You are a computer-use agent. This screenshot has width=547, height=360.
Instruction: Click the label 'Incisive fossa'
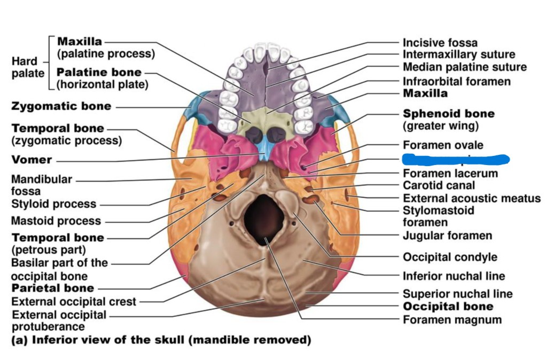(440, 43)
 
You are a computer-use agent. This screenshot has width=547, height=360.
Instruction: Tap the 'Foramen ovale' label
(443, 145)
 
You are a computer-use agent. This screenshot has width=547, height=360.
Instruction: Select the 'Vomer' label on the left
(32, 160)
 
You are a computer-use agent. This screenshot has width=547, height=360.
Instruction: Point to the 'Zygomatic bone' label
(61, 106)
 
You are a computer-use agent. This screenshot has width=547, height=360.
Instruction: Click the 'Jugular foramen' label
(447, 236)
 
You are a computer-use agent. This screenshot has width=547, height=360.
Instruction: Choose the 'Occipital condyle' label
(450, 257)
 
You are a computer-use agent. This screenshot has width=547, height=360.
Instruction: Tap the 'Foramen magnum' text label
(452, 320)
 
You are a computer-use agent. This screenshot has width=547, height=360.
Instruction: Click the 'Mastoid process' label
(56, 221)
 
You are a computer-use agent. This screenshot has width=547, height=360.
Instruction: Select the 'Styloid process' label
(53, 204)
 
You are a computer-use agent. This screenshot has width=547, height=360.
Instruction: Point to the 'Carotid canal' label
(439, 185)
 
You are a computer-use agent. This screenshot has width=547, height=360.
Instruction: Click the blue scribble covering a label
(455, 159)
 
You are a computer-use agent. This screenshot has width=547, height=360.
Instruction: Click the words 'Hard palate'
(28, 67)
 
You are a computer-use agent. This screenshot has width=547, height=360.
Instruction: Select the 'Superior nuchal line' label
(457, 294)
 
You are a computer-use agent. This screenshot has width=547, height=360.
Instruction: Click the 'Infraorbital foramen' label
(456, 81)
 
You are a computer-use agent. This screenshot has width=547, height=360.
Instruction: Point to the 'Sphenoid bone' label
(448, 114)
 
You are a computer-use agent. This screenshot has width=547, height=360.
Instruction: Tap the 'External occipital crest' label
(74, 302)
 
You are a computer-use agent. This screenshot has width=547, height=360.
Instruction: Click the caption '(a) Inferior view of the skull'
(161, 340)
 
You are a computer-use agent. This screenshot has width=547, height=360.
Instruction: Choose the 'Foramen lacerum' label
(450, 174)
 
